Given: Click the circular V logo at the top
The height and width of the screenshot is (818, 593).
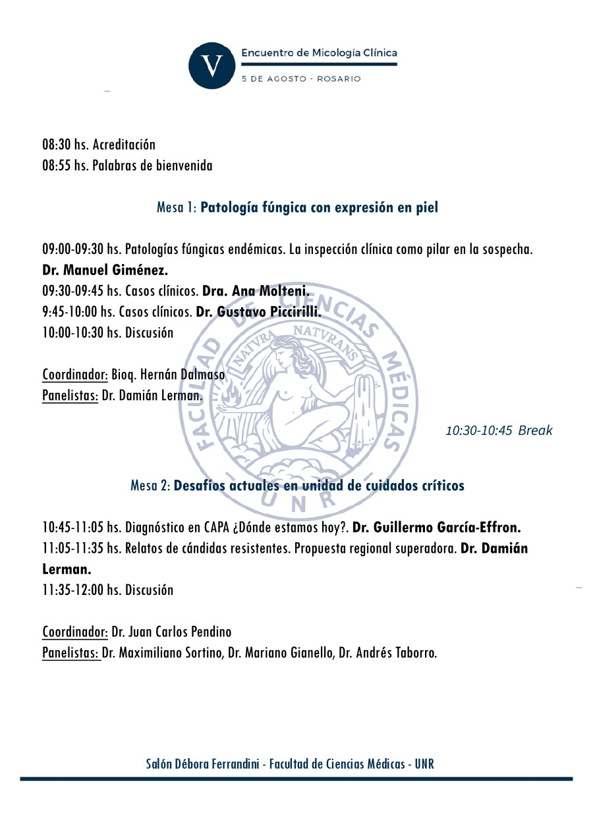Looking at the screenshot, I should click(212, 65).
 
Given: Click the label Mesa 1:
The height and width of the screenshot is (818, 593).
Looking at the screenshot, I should click(177, 208).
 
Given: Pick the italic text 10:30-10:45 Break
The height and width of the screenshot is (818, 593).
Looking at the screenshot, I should click(499, 431).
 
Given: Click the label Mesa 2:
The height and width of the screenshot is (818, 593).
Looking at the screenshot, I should click(150, 486).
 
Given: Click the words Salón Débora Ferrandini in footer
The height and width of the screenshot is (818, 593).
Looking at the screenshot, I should click(204, 764).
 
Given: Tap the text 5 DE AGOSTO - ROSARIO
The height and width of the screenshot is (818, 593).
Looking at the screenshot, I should click(301, 79).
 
